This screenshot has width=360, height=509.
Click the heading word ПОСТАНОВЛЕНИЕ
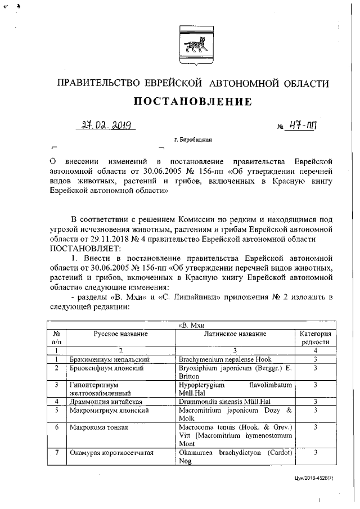[191, 102]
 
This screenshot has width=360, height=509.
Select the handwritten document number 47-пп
[305, 125]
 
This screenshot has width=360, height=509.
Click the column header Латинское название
[235, 334]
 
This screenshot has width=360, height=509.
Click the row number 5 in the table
[57, 410]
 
